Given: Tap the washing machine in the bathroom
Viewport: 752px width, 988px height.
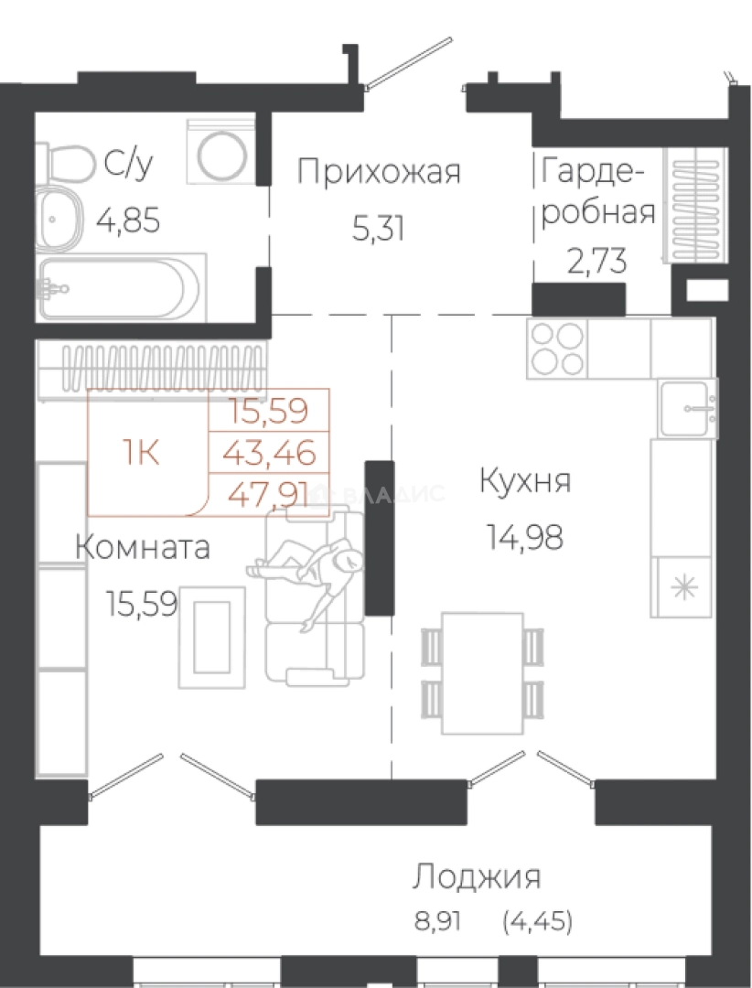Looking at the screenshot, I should point(220,151).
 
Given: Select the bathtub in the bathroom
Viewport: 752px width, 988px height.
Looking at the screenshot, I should point(119,287).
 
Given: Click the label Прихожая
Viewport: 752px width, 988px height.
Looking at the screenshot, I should point(379,171).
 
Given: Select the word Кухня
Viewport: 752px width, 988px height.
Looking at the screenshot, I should point(525,481).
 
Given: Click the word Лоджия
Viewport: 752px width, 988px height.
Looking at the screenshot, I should point(476,876).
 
